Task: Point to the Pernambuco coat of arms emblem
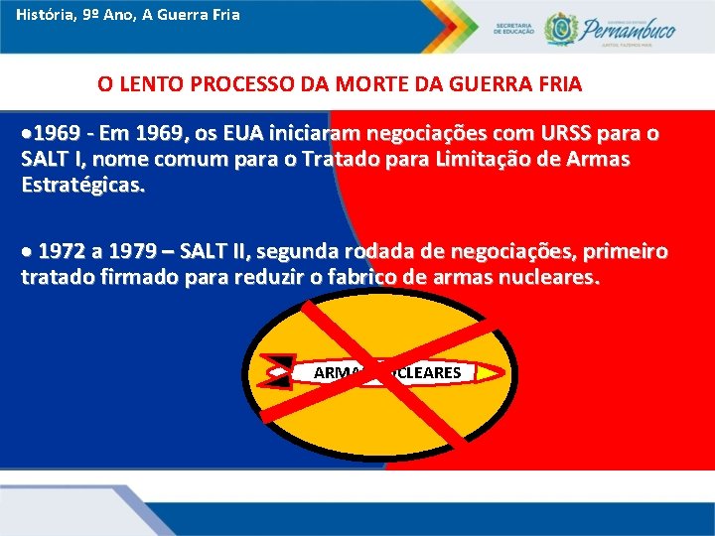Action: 560,28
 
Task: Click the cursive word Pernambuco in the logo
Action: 628,27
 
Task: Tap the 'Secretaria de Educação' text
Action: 513,29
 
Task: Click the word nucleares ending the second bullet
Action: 543,277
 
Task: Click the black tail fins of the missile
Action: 280,371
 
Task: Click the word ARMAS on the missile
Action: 338,373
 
